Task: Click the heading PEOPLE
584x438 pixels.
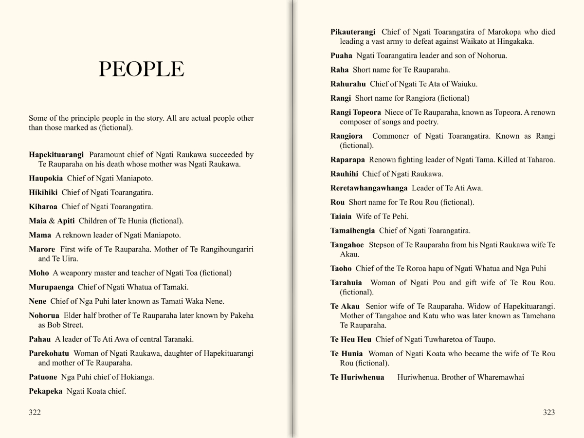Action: click(x=141, y=70)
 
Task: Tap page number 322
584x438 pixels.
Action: click(x=35, y=413)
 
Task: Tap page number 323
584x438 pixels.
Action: click(x=548, y=413)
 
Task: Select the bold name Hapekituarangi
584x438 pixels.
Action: click(x=56, y=155)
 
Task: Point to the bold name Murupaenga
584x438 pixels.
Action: click(x=51, y=287)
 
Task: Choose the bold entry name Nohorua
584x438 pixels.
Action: click(x=44, y=316)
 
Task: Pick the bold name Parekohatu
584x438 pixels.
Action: click(x=49, y=353)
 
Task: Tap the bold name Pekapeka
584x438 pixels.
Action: click(x=45, y=391)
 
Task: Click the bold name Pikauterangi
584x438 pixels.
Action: click(x=353, y=32)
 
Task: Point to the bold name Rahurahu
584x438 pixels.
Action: click(x=348, y=84)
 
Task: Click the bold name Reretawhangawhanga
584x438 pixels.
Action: click(x=369, y=188)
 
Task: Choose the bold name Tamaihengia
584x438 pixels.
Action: click(x=352, y=231)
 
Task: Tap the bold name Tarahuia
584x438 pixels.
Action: click(x=346, y=283)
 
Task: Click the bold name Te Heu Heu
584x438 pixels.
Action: click(x=350, y=340)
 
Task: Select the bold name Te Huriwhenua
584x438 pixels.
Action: click(x=357, y=378)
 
